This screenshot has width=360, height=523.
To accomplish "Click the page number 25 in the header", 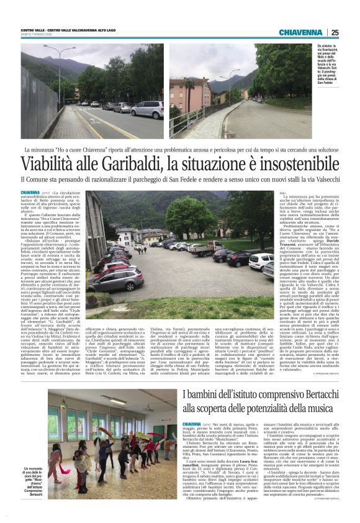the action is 335,32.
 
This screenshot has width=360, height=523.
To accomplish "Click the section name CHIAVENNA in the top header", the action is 300,32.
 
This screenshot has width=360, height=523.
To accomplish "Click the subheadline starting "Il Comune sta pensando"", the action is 180,181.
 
